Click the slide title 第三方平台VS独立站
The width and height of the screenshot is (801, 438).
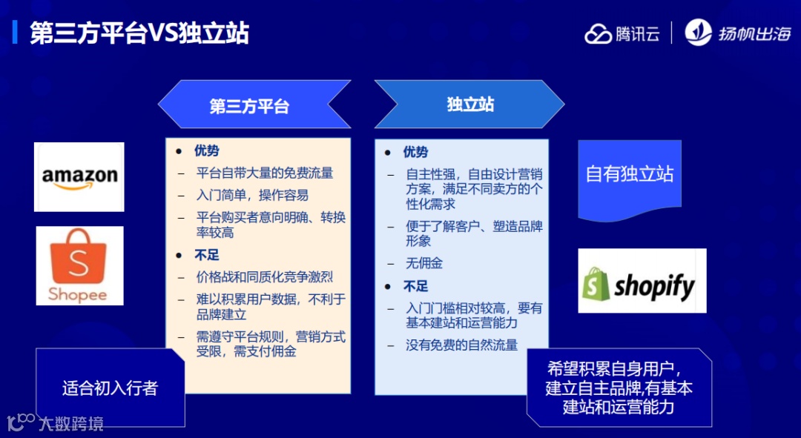tap(139, 34)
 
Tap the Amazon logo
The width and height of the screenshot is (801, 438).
tap(79, 177)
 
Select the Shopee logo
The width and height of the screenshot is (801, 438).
tap(79, 266)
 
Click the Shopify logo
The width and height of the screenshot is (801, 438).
tap(642, 281)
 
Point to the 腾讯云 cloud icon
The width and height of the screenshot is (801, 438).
tap(598, 34)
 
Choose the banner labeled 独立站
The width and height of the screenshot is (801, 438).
tap(470, 104)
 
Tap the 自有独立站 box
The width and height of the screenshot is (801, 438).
tap(630, 175)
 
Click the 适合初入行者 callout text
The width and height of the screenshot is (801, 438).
tap(111, 388)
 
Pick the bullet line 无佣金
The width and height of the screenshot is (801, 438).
tap(424, 263)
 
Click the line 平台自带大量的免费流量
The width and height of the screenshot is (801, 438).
tap(265, 173)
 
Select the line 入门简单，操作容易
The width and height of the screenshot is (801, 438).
tap(252, 196)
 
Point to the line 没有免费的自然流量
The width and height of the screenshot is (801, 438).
tap(461, 345)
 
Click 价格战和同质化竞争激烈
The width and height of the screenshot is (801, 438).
tap(265, 277)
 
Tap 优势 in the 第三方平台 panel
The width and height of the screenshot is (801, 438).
tap(207, 151)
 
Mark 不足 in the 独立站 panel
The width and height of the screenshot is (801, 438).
tap(416, 286)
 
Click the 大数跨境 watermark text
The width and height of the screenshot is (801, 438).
tap(71, 424)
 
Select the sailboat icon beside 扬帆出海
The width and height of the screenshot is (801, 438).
tap(698, 33)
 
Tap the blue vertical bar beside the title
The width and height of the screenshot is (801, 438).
tap(15, 33)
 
